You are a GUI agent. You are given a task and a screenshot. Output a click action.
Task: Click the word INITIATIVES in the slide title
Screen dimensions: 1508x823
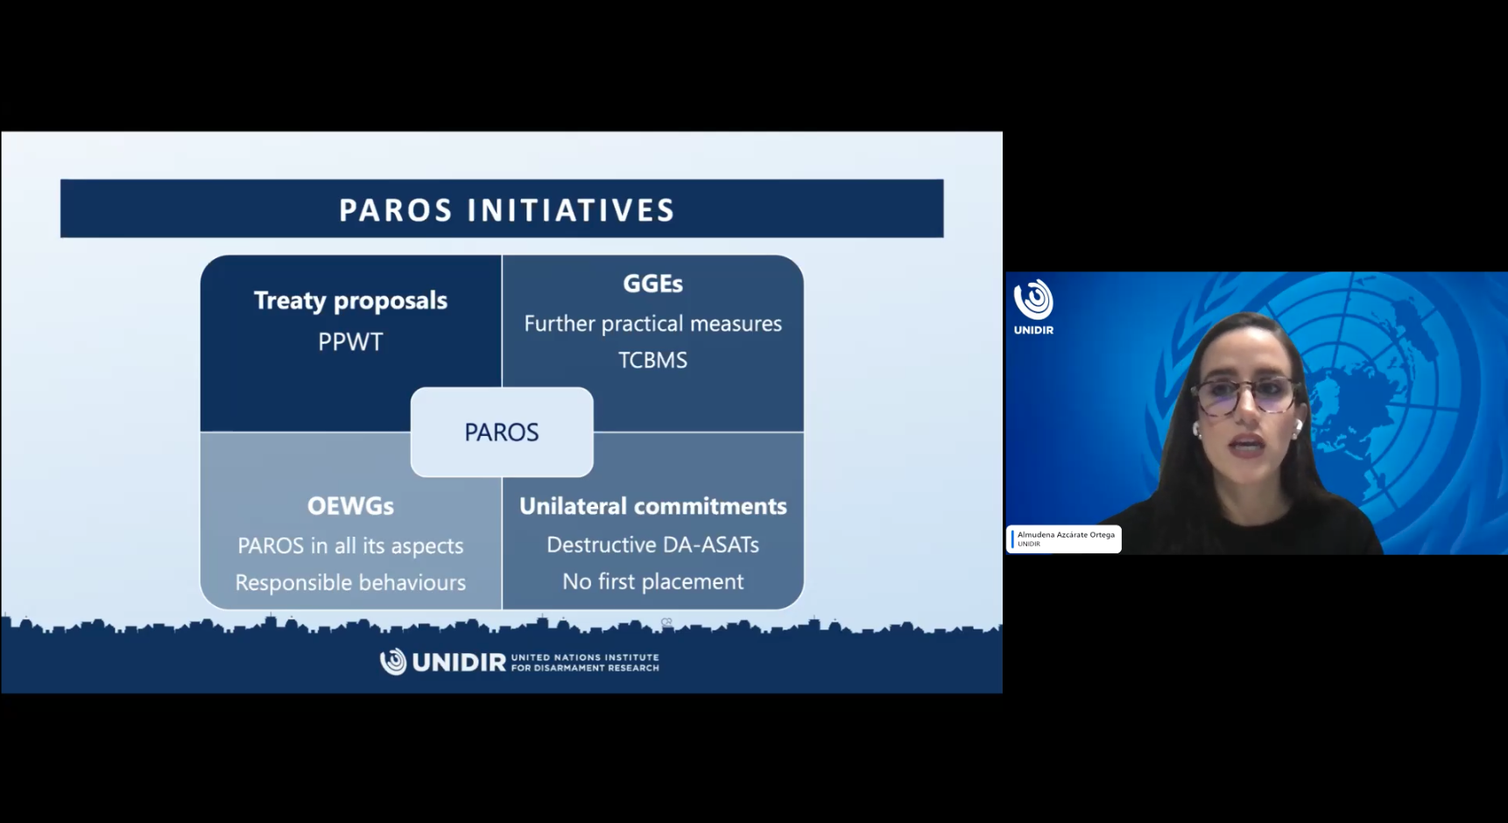pos(570,210)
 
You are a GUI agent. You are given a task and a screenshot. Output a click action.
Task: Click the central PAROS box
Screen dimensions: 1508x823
pos(502,432)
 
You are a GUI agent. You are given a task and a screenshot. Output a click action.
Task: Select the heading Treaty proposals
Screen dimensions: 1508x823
pos(350,300)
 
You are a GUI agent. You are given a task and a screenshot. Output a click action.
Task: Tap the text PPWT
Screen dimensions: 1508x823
pos(350,341)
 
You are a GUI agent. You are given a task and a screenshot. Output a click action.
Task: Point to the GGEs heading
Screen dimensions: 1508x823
pos(652,284)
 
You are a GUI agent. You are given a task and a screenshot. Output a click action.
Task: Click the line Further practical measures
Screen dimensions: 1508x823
pos(652,323)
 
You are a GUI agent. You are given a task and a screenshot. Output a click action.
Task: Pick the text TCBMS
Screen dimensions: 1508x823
pos(652,360)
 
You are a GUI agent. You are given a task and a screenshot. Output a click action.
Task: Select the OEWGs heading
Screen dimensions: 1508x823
pos(350,506)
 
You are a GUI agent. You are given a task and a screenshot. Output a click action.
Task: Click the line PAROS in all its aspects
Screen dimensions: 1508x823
pos(350,545)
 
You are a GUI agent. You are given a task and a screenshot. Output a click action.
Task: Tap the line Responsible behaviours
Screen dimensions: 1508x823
pos(350,582)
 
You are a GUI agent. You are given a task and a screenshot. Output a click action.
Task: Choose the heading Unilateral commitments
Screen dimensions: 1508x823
pos(652,506)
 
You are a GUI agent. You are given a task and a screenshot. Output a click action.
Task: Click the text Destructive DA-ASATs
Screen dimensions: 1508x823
pos(652,545)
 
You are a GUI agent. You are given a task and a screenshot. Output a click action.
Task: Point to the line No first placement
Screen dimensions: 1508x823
pos(652,581)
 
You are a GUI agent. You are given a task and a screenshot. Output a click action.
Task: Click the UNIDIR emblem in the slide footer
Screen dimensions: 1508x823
pos(393,661)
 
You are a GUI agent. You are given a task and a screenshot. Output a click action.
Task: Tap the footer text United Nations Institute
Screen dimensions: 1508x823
pos(585,657)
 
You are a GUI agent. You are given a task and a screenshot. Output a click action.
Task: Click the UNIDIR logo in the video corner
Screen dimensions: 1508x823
pos(1033,306)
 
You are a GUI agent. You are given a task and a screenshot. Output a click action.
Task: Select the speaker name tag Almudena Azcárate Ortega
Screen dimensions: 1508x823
pos(1064,538)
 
